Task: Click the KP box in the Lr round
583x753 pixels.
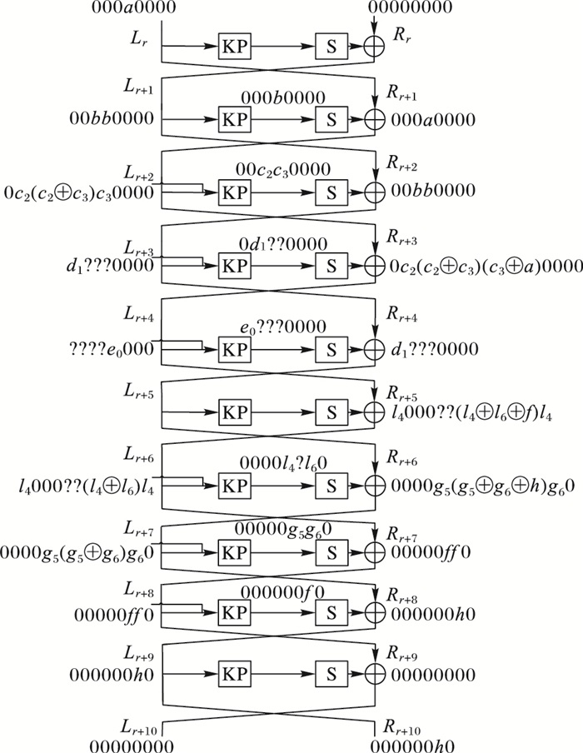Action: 231,47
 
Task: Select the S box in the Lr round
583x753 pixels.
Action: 327,47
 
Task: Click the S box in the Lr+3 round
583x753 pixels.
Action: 327,267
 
